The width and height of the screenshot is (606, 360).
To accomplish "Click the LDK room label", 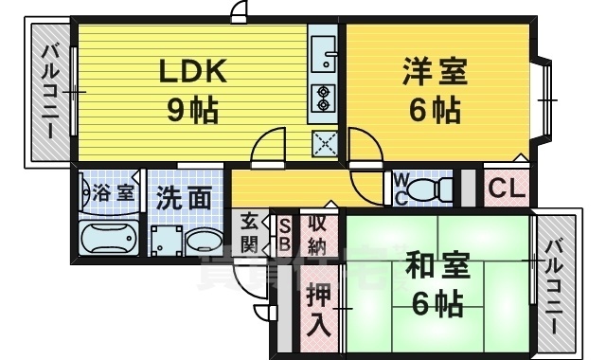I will click(192, 72).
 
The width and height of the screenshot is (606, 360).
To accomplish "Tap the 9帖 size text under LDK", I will click(193, 112).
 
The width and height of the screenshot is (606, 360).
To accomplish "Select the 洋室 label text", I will click(435, 72).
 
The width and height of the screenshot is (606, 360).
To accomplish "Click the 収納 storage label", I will click(315, 234).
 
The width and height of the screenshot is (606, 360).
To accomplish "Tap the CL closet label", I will click(507, 189).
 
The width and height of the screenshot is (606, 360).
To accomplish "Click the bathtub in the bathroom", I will click(107, 238).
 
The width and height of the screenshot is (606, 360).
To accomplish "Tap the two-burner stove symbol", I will click(324, 99).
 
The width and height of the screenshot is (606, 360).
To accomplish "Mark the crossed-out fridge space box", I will click(325, 144).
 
